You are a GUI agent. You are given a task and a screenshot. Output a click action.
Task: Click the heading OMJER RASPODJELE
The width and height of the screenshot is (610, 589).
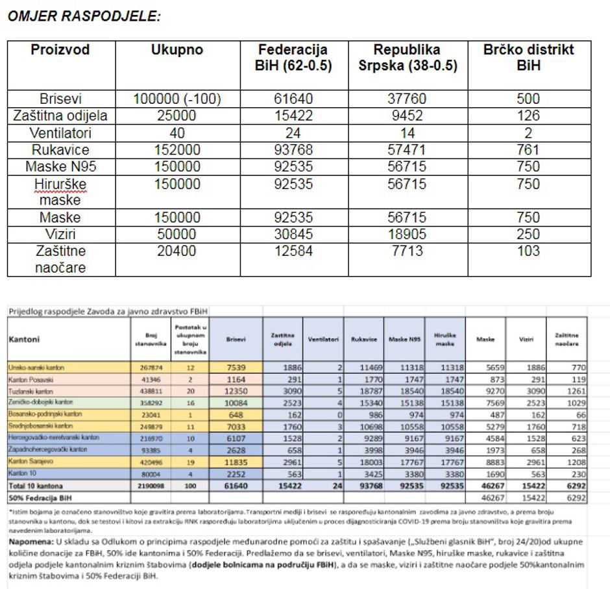(84, 17)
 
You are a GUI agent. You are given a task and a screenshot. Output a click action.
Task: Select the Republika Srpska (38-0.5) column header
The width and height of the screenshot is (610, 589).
(408, 58)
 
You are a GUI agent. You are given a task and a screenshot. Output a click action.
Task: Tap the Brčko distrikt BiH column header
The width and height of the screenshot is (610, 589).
(529, 58)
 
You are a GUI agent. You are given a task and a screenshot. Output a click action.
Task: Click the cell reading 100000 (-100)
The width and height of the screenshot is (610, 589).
(177, 99)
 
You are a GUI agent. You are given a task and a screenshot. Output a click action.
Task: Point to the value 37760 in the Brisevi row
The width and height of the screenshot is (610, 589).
(408, 99)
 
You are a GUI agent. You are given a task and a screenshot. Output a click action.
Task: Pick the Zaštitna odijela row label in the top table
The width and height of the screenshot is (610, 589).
(61, 116)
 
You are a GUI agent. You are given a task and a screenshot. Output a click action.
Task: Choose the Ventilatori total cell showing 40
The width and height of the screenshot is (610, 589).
(177, 133)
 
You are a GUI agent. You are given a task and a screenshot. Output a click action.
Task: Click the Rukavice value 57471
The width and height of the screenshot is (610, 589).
(408, 150)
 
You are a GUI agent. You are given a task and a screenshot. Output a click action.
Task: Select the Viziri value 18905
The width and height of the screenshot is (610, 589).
(408, 234)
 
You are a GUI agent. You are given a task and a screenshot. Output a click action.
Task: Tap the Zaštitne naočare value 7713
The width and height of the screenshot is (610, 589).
(408, 251)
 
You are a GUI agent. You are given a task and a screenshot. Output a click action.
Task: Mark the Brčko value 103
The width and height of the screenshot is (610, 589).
(529, 251)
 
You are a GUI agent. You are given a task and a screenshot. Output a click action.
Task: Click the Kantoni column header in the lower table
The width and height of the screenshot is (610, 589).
(25, 339)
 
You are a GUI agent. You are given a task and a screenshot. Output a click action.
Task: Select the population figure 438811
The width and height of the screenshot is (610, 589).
(152, 390)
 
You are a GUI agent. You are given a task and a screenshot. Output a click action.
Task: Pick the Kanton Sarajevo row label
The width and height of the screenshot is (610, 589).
(30, 462)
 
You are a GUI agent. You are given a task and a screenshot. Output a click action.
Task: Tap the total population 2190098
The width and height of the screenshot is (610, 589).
(152, 486)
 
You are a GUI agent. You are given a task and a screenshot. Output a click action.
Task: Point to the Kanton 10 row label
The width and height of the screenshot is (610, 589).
(23, 473)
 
